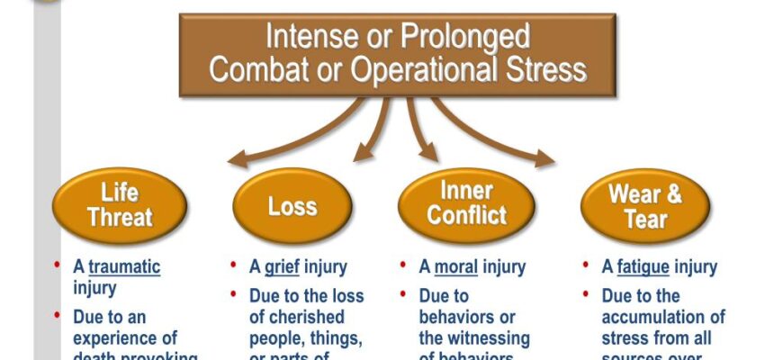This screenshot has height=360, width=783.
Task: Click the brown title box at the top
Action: tap(397, 54)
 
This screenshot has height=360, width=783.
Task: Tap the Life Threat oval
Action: tap(120, 205)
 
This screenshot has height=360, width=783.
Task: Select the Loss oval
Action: tap(292, 206)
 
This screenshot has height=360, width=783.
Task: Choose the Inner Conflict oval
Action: tap(466, 204)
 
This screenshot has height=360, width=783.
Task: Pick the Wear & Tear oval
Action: tap(645, 206)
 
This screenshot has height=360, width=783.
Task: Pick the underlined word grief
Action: tap(282, 267)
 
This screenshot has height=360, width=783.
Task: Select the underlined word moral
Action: tap(455, 267)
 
